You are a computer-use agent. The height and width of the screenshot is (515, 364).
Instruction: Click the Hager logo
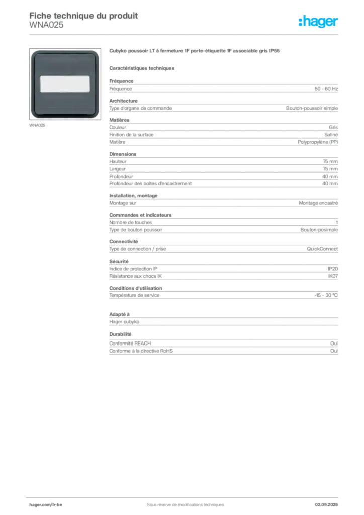[318, 21]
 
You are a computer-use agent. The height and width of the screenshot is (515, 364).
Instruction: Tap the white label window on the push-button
[65, 84]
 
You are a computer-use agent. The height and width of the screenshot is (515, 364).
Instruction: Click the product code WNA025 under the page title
[46, 25]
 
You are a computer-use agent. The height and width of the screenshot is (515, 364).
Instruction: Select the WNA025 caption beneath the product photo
[37, 125]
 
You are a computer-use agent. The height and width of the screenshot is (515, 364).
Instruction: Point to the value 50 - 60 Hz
[326, 89]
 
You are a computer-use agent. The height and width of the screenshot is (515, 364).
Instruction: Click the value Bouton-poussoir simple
[312, 108]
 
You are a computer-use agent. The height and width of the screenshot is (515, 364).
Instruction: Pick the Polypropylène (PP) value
[318, 142]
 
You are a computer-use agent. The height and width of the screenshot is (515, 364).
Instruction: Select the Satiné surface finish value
[331, 135]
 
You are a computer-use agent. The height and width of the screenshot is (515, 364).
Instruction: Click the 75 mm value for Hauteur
[330, 161]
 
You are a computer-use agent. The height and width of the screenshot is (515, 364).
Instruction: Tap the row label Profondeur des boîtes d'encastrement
[150, 183]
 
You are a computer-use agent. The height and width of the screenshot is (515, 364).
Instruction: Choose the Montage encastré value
[318, 203]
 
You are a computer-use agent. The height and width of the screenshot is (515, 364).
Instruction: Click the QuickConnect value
[322, 249]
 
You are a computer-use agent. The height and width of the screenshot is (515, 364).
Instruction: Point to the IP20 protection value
[333, 269]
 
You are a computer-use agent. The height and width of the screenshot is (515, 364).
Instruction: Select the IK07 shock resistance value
[333, 276]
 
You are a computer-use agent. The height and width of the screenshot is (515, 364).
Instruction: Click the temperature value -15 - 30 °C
[326, 295]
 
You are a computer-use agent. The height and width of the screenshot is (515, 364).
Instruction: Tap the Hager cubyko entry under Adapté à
[124, 322]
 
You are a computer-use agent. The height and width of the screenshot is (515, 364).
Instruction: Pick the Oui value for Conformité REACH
[334, 343]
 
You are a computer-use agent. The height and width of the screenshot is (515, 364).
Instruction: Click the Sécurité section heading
[119, 261]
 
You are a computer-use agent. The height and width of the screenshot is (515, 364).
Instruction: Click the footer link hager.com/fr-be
[46, 504]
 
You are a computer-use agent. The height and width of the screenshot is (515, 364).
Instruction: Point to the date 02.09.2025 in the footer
[326, 504]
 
